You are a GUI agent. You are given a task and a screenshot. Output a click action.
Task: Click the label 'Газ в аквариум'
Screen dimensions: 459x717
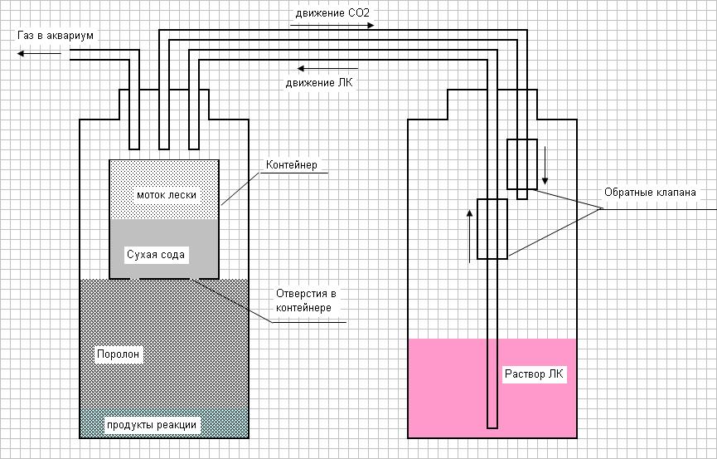click(x=54, y=37)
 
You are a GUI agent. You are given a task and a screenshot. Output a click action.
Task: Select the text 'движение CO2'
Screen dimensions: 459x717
click(x=329, y=14)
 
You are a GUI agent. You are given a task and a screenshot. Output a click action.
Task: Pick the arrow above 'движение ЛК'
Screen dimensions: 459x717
click(x=328, y=68)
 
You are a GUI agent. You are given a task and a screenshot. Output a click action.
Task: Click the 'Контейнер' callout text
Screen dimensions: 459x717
click(x=291, y=164)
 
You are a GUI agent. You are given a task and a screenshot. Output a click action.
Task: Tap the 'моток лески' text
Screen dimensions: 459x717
click(x=167, y=194)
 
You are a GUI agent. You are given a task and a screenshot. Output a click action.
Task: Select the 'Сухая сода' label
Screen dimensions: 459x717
click(x=156, y=253)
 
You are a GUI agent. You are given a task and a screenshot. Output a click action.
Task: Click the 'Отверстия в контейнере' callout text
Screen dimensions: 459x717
click(x=306, y=300)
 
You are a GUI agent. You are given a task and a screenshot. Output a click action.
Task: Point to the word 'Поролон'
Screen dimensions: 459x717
click(x=119, y=354)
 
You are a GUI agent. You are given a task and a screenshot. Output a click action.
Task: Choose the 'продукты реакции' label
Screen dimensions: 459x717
click(x=152, y=425)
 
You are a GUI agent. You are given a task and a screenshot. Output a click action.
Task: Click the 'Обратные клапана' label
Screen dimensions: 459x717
click(x=650, y=193)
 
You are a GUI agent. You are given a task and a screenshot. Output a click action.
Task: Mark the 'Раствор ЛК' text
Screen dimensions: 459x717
click(x=534, y=374)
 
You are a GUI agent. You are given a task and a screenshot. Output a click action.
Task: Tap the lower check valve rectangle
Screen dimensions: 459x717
click(x=492, y=229)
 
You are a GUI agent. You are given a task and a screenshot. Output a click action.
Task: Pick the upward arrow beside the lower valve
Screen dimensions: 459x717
click(x=470, y=236)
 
